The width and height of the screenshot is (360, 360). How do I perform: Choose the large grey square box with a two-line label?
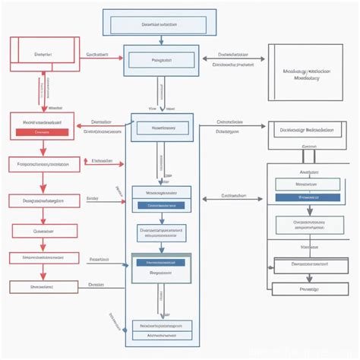(x=304, y=72)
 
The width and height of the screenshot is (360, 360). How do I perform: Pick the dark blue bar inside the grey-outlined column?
(x=308, y=197)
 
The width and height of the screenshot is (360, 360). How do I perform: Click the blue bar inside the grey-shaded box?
(x=160, y=262)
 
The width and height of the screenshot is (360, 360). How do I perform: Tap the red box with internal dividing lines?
(x=43, y=55)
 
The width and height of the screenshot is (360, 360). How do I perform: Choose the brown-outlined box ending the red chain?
(x=43, y=287)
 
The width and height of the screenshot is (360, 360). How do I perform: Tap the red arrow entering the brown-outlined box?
(x=43, y=274)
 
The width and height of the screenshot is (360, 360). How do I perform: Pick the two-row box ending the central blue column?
(x=161, y=329)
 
